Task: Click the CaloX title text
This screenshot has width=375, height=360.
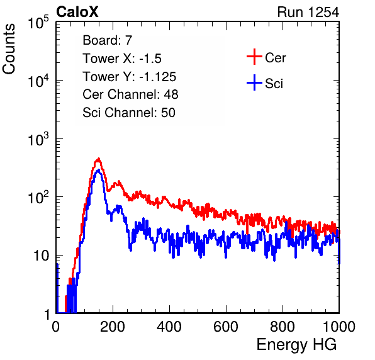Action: pyautogui.click(x=77, y=12)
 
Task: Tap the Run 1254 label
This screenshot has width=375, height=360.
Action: pyautogui.click(x=308, y=12)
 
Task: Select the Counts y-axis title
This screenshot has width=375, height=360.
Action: pyautogui.click(x=9, y=49)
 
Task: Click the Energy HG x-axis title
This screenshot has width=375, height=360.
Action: pyautogui.click(x=296, y=345)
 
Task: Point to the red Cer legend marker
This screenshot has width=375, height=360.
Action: pyautogui.click(x=254, y=57)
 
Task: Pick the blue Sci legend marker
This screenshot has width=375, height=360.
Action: pyautogui.click(x=254, y=82)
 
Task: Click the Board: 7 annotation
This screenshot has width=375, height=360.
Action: pyautogui.click(x=108, y=40)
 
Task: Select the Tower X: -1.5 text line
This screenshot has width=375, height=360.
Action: pyautogui.click(x=122, y=59)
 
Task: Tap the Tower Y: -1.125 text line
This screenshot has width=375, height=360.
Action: pyautogui.click(x=130, y=77)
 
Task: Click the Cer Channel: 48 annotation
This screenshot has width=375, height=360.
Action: pyautogui.click(x=130, y=94)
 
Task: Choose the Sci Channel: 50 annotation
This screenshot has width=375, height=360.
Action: pyautogui.click(x=129, y=113)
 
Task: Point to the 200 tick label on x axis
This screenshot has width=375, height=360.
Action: pyautogui.click(x=113, y=327)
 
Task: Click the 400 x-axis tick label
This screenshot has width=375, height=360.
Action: pyautogui.click(x=169, y=327)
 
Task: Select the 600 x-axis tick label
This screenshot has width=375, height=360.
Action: pyautogui.click(x=226, y=327)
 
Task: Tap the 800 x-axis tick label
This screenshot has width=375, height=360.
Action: pyautogui.click(x=283, y=327)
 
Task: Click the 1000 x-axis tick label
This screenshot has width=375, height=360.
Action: pyautogui.click(x=339, y=327)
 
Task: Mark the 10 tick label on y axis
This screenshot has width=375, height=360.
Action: pyautogui.click(x=42, y=256)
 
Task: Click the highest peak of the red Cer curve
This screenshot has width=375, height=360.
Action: pyautogui.click(x=98, y=159)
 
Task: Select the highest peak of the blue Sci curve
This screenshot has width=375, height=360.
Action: pyautogui.click(x=98, y=170)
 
